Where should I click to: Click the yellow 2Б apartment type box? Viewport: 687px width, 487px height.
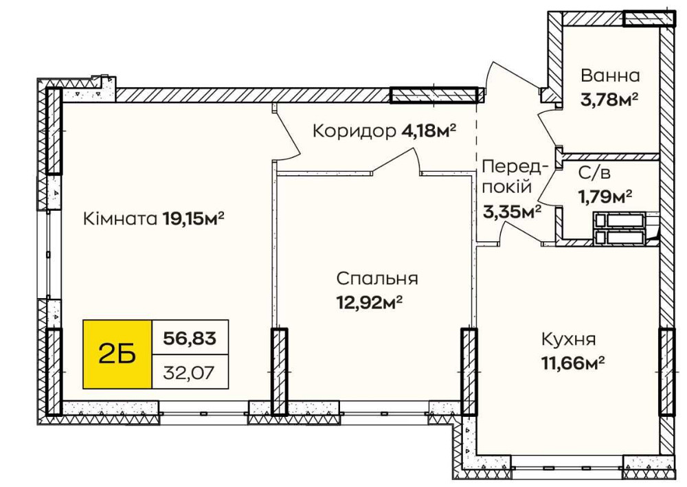(x=117, y=354)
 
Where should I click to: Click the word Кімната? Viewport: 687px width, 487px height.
(x=120, y=219)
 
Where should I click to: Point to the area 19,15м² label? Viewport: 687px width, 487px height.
(x=194, y=219)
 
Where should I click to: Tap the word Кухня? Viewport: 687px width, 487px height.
(x=568, y=339)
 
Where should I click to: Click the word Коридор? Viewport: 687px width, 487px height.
(x=354, y=131)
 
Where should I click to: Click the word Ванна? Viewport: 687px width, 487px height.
(x=610, y=76)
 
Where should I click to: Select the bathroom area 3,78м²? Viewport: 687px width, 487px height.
(x=609, y=100)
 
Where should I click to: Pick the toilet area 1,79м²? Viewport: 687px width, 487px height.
(x=605, y=197)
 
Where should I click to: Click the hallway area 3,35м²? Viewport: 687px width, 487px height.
(x=512, y=211)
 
